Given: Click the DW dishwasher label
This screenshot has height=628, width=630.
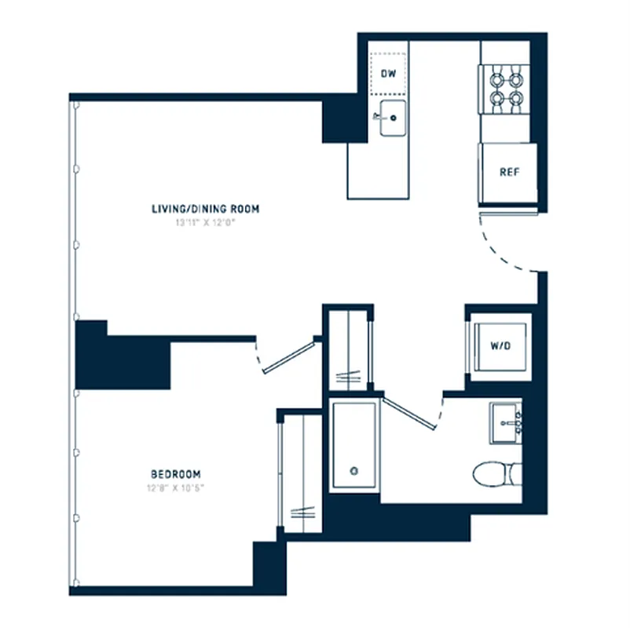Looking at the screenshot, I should (x=387, y=74).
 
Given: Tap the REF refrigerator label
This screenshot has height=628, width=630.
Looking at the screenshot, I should (x=509, y=173).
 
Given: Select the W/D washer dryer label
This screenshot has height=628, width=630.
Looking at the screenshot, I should (x=500, y=345).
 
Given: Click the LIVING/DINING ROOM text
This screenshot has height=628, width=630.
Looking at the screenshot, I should (x=205, y=209).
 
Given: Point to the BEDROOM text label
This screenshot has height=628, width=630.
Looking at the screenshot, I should (x=175, y=474).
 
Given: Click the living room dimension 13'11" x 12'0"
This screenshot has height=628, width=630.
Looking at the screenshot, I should (x=205, y=222).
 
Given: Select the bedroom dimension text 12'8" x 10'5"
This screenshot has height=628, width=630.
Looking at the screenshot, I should (x=175, y=487).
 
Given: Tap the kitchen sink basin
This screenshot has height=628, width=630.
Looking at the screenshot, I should (x=393, y=119).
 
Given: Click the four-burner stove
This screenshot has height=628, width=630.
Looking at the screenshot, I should (x=506, y=89).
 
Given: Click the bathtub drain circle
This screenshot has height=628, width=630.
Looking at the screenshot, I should (x=354, y=471).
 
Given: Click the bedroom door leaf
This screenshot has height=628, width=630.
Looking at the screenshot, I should (x=289, y=356).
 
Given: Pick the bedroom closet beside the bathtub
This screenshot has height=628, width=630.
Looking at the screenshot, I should (x=301, y=471).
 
